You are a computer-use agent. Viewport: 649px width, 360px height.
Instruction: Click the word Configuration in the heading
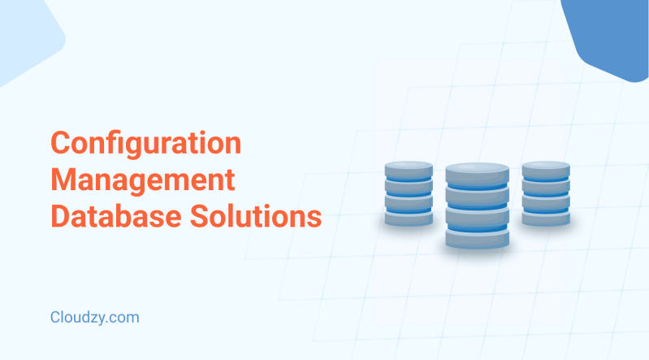coord(145,145)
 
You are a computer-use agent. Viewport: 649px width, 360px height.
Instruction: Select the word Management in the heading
coord(142,180)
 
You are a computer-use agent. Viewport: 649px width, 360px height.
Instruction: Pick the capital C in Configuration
coord(62,145)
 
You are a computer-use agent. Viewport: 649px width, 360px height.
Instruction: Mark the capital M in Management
coord(63,180)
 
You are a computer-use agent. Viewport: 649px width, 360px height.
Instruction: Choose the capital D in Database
coord(61,216)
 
